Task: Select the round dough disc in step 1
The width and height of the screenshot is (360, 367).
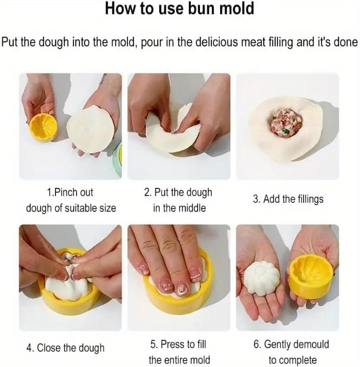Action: (91, 129)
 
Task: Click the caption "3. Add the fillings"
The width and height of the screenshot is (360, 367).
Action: (288, 199)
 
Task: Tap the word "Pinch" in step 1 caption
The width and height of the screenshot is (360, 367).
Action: (66, 192)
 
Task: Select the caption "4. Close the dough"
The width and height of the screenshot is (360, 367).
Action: (65, 348)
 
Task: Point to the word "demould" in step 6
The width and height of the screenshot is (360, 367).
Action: (311, 345)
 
